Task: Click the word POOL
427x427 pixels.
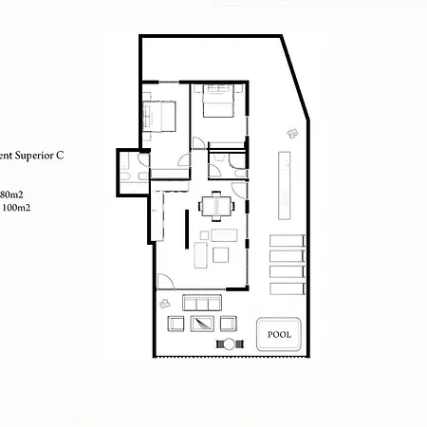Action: click(x=280, y=334)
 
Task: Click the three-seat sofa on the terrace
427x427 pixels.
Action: click(x=202, y=303)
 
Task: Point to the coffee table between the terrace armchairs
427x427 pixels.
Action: click(x=202, y=323)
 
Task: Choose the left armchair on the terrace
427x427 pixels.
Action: click(x=176, y=323)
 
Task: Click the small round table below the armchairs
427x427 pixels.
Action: click(x=228, y=343)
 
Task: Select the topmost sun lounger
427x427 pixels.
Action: click(x=287, y=241)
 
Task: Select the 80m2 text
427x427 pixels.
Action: click(x=12, y=193)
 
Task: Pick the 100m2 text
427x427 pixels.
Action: click(x=13, y=206)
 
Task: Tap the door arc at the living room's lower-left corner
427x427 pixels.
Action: click(x=164, y=281)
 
